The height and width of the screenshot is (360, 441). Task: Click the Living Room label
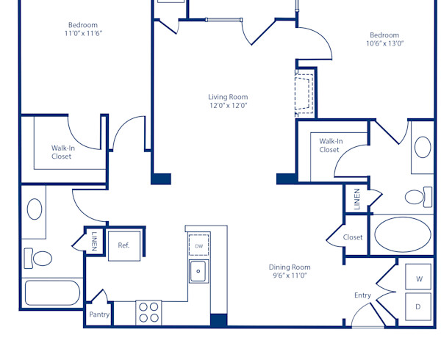click(227, 97)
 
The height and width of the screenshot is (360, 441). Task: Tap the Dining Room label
click(289, 267)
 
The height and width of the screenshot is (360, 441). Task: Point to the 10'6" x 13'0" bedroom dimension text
click(384, 43)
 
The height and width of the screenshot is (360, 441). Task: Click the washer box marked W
click(419, 279)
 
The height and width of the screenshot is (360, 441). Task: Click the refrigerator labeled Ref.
click(123, 245)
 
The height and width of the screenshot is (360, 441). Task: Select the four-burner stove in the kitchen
click(149, 312)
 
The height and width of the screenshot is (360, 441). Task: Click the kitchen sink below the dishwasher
click(198, 271)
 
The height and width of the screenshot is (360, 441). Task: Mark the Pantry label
click(99, 314)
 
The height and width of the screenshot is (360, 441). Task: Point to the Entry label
click(362, 295)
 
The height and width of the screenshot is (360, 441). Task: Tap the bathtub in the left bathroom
click(52, 292)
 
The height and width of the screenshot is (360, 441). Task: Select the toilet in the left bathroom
click(40, 259)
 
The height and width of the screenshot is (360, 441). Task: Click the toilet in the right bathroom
click(417, 197)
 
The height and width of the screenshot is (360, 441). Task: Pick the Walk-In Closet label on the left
click(62, 152)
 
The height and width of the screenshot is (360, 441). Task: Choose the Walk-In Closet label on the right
click(329, 145)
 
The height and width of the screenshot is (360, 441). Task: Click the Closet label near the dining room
click(353, 237)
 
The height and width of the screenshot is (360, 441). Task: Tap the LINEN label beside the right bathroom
click(357, 200)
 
